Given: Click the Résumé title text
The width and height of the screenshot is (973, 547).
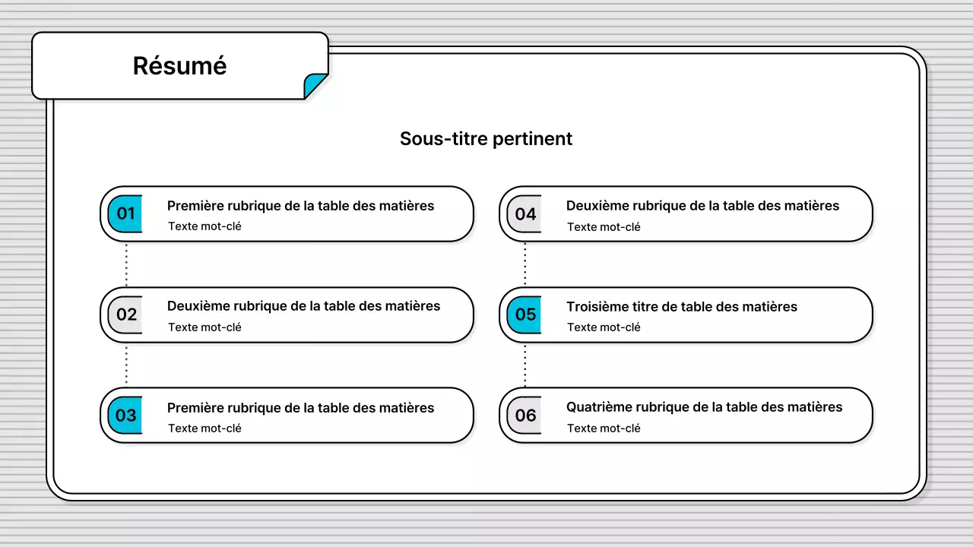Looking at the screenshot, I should tap(179, 66).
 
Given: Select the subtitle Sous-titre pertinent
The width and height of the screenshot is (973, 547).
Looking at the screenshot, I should tap(486, 139).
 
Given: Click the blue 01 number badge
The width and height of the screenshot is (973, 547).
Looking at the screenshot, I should tap(125, 214).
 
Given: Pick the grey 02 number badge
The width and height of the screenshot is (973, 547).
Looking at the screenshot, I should tap(125, 315).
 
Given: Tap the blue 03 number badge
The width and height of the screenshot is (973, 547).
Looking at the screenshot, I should tap(125, 416).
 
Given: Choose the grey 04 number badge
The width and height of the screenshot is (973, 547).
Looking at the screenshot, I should tap(525, 214).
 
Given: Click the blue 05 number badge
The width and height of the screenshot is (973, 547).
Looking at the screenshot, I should tap(525, 315).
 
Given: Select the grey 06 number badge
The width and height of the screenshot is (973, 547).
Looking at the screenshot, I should tap(525, 416).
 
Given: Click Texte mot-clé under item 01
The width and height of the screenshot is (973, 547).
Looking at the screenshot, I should tap(204, 226).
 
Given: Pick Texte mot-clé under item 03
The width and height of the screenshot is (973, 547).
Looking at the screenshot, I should tap(204, 428).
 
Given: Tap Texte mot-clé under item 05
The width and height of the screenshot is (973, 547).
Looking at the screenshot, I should tap(604, 327).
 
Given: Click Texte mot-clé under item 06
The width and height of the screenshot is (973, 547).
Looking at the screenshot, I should tap(604, 428).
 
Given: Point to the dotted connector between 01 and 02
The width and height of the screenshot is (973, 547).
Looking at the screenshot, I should tap(126, 264).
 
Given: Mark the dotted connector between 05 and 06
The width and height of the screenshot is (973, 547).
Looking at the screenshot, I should tap(525, 365).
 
